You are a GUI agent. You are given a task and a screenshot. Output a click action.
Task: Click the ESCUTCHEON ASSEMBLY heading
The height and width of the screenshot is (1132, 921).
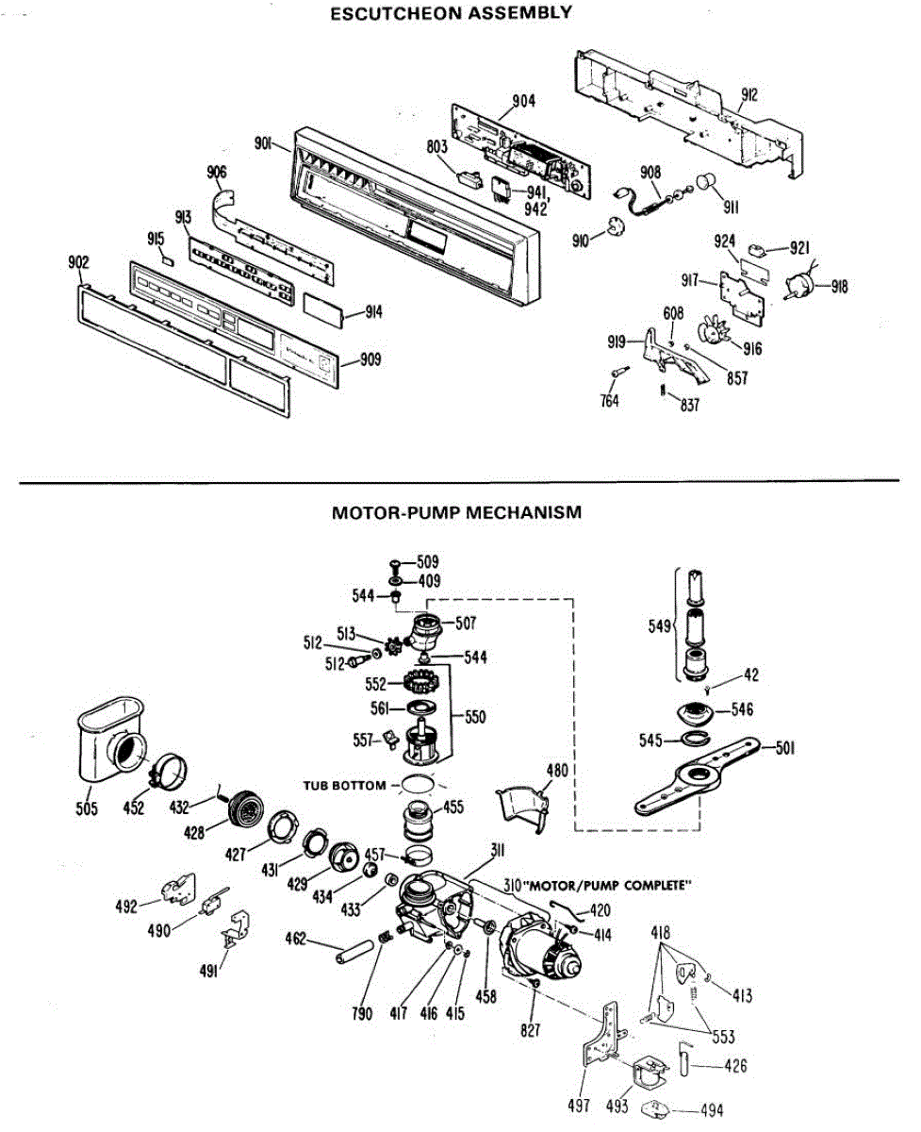tap(451, 13)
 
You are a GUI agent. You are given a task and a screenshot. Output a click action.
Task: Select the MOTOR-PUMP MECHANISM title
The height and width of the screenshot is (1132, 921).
tap(457, 512)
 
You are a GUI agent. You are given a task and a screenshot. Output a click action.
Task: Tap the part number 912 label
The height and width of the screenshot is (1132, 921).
tap(748, 94)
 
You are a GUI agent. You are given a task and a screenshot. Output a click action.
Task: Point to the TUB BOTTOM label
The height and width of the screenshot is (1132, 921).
tap(345, 785)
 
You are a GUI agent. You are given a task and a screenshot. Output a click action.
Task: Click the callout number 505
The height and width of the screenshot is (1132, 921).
tap(87, 808)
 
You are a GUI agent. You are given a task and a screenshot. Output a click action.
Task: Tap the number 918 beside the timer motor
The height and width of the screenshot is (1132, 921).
tap(839, 287)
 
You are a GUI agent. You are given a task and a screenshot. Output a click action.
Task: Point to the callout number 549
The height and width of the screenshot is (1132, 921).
tap(660, 626)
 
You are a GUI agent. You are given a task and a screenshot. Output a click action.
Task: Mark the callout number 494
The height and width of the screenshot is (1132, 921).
tap(712, 1110)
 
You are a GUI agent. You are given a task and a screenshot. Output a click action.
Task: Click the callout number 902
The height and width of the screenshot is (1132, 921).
tap(78, 262)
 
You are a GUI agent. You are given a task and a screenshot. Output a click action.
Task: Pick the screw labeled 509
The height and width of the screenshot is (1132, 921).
tap(395, 565)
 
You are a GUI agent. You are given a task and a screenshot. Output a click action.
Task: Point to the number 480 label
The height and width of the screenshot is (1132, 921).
tap(557, 770)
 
